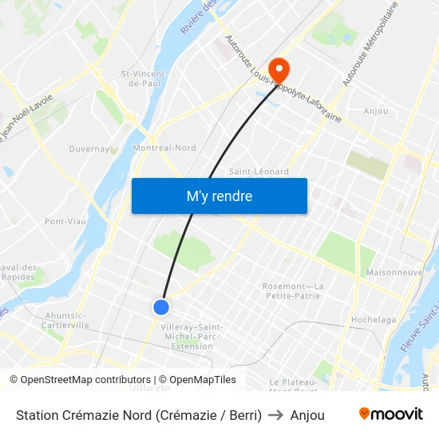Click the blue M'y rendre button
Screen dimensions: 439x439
click(219, 196)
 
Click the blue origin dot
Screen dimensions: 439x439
click(161, 307)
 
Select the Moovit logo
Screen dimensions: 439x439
click(390, 414)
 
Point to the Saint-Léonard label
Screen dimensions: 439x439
click(259, 172)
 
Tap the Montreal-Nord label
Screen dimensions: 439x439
click(164, 148)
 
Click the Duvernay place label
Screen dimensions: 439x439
click(89, 148)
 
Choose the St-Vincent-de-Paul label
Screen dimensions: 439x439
click(144, 78)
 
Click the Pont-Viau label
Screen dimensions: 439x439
click(65, 221)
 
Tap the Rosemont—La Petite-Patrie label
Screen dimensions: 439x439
click(293, 291)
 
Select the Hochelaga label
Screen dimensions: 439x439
click(374, 320)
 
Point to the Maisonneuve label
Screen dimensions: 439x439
click(394, 272)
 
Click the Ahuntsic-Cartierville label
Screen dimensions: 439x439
click(66, 320)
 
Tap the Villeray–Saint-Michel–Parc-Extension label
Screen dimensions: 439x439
click(192, 336)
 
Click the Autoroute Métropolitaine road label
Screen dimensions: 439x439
click(369, 44)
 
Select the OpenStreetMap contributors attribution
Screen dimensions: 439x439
click(80, 380)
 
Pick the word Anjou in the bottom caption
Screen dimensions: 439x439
click(307, 415)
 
